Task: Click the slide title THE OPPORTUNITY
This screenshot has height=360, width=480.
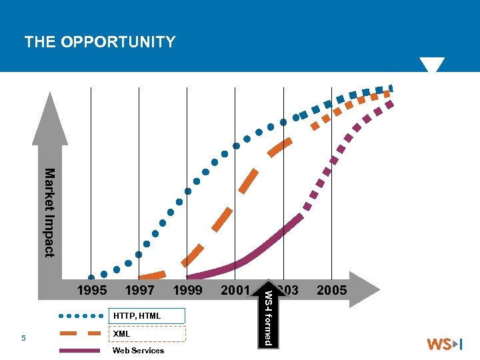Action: click(x=100, y=43)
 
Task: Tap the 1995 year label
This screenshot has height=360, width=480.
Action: click(x=91, y=290)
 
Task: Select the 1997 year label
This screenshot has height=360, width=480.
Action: click(x=139, y=290)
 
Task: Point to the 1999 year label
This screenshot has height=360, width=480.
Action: click(x=187, y=290)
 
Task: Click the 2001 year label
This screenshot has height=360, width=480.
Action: click(x=235, y=290)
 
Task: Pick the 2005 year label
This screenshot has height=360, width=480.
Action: click(x=331, y=290)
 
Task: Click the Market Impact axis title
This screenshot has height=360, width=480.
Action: click(x=49, y=212)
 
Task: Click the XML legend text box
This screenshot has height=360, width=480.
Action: click(x=146, y=333)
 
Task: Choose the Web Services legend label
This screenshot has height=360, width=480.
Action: click(x=138, y=351)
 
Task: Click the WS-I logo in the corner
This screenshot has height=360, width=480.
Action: click(x=444, y=345)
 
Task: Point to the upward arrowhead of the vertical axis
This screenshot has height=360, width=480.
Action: click(x=50, y=117)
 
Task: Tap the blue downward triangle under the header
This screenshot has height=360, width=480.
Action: click(x=431, y=65)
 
